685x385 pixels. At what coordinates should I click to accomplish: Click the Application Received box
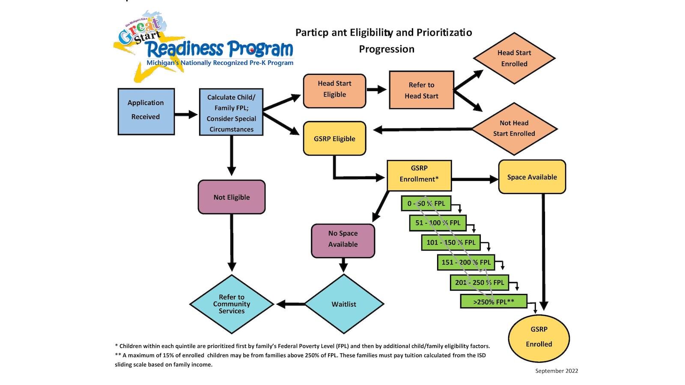coord(146,112)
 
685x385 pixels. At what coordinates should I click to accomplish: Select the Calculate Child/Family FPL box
coord(231,112)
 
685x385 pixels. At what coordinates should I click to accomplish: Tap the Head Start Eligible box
coord(334,91)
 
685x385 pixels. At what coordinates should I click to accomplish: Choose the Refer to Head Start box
coord(421,90)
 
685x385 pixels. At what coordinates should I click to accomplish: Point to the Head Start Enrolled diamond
coord(514,58)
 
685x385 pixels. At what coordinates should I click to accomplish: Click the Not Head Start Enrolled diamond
coord(514,128)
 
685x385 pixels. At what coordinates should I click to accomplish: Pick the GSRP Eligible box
coord(334,139)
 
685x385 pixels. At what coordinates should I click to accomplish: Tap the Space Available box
coord(532,177)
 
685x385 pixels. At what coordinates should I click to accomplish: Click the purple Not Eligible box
coord(232,197)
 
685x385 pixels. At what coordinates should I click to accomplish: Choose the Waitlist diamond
coord(344,304)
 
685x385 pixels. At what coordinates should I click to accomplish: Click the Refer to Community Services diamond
coord(232,304)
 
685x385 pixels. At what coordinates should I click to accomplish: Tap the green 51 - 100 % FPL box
coord(438,223)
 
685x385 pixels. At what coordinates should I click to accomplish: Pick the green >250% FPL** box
coord(494,302)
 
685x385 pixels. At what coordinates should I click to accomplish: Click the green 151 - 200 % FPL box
coord(466,262)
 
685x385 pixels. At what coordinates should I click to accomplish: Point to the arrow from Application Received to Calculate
coord(186,114)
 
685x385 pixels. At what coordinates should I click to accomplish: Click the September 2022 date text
coord(557,371)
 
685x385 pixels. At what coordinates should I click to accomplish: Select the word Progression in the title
coord(387,49)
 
